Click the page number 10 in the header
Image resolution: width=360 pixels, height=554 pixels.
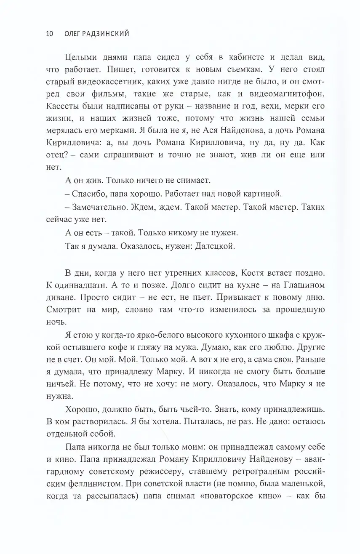(x=48, y=34)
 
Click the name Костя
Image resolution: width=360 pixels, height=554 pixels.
(x=260, y=273)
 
